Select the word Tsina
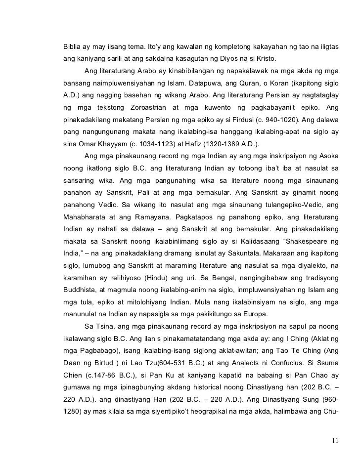click(105, 326)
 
